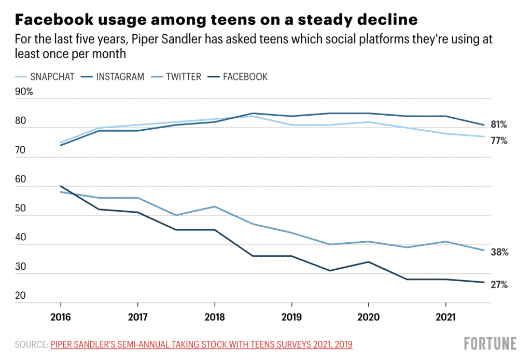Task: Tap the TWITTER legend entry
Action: point(176,77)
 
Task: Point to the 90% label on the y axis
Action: point(24,92)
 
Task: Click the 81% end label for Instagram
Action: point(499,125)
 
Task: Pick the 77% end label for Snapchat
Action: point(499,141)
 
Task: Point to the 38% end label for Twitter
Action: point(499,253)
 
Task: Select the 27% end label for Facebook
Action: point(499,285)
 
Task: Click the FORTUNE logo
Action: point(490,343)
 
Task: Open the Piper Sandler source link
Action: point(202,344)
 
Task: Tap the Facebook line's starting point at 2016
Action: point(61,186)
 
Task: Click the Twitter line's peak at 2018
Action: point(214,206)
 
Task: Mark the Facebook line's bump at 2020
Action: point(368,262)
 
